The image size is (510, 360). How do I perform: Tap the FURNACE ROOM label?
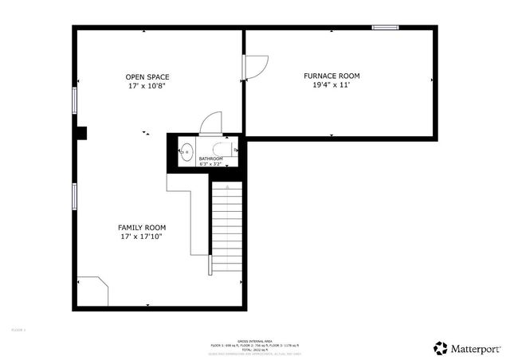click(331, 76)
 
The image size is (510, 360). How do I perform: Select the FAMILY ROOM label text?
click(142, 228)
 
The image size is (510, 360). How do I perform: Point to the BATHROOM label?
click(211, 158)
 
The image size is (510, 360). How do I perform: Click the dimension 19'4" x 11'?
click(331, 85)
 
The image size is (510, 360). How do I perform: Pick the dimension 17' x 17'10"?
click(142, 237)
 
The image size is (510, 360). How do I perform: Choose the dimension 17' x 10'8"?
click(147, 86)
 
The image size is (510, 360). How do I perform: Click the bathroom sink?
click(186, 150)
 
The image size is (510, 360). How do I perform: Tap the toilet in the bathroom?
click(224, 149)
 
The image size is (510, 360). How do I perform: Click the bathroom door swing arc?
click(208, 121)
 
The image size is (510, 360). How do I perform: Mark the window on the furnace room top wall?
click(386, 28)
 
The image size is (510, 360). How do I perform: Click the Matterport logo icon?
click(440, 348)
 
